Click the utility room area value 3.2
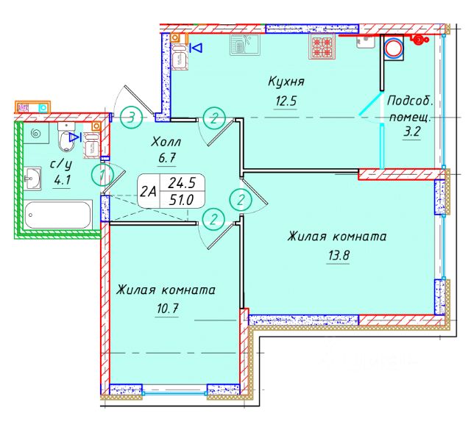click(x=411, y=134)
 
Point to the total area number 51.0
click(x=183, y=200)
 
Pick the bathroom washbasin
click(x=32, y=177)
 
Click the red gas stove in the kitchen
click(x=323, y=46)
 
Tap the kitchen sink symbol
click(x=241, y=45)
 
